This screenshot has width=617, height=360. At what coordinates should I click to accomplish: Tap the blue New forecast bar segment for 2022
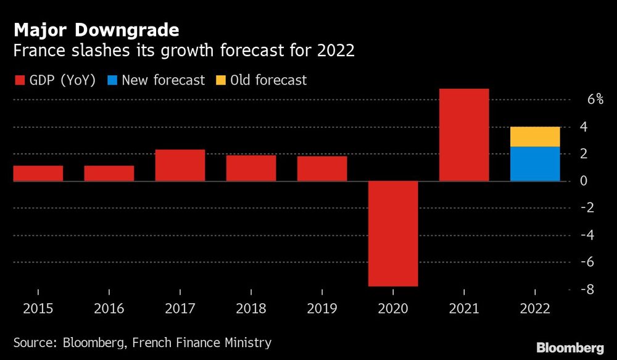tap(535, 164)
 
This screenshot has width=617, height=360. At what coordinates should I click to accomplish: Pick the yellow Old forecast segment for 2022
tap(535, 136)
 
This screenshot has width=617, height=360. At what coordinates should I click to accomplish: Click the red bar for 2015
tap(38, 173)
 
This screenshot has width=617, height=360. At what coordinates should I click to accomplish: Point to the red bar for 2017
tap(180, 165)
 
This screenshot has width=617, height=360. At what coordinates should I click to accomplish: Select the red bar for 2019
tap(322, 169)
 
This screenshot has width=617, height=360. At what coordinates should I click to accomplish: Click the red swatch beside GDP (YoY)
tap(19, 80)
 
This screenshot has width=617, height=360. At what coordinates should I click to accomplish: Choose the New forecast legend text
tap(163, 80)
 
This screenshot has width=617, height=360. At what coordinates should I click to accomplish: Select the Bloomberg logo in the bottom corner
tap(571, 348)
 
